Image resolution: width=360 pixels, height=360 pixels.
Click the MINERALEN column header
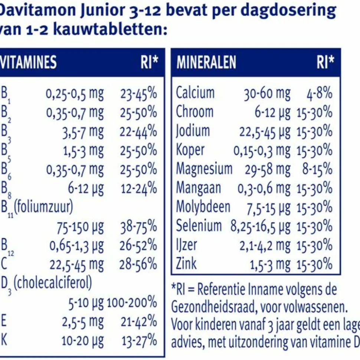[x=206, y=62]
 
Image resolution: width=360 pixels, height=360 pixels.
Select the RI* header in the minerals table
[x=325, y=62]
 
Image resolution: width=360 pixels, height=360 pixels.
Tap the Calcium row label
[x=195, y=93]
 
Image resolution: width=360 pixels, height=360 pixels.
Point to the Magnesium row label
[x=204, y=169]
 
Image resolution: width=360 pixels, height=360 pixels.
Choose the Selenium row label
[x=199, y=225]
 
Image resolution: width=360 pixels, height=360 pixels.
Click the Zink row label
[x=186, y=264]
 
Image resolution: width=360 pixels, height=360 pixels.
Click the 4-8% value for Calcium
[x=319, y=93]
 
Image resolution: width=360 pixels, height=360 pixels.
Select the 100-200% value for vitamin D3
[x=132, y=303]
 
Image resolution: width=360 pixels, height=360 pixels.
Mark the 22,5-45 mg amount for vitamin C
[x=77, y=265]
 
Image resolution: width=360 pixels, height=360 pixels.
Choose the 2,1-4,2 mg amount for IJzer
[x=265, y=245]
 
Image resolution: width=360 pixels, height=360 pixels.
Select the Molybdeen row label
[x=203, y=207]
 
